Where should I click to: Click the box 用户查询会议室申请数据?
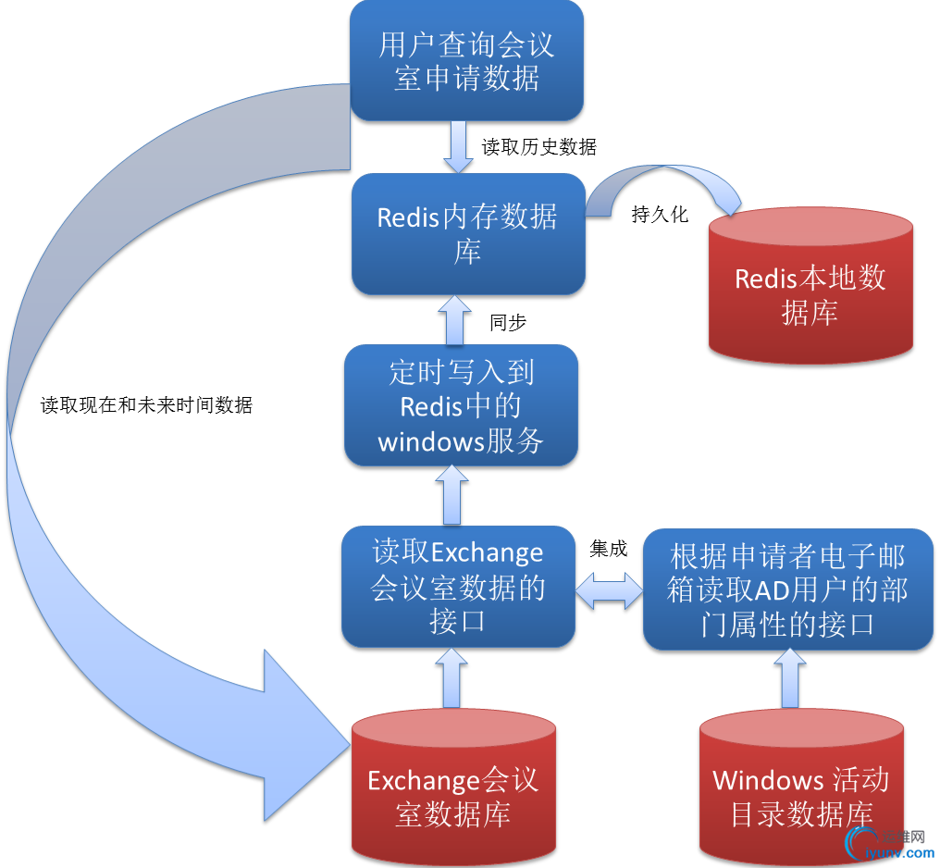(466, 60)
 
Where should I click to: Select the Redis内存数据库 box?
(468, 233)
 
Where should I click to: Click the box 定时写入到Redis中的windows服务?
(461, 405)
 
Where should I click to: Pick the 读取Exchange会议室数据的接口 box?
(458, 586)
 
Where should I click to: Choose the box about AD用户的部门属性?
(787, 589)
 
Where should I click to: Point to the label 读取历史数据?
(538, 146)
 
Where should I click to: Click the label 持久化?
(660, 215)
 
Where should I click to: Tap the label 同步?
(508, 322)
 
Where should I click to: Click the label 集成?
(608, 549)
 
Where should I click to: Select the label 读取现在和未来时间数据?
(146, 404)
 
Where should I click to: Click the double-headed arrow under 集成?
(609, 590)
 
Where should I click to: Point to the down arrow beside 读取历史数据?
(459, 147)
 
